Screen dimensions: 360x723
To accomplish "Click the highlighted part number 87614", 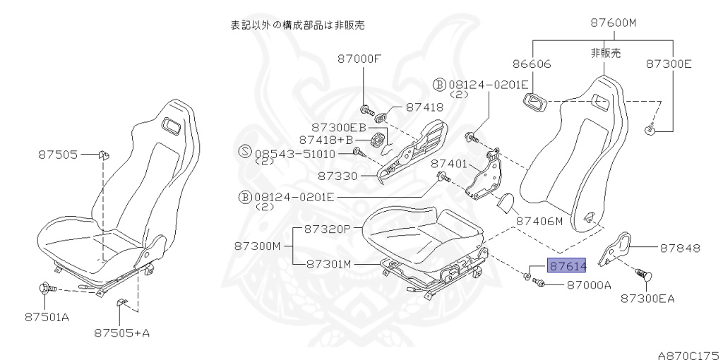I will (x=568, y=266).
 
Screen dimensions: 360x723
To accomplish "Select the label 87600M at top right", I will (x=613, y=23).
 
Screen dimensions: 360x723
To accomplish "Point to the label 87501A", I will (x=46, y=317).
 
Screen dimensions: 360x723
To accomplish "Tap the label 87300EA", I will (x=647, y=299).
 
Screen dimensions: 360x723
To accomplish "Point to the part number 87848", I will (x=680, y=248).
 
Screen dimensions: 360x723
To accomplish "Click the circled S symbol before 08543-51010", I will (x=245, y=152).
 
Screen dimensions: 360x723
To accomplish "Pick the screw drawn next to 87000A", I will (x=539, y=283).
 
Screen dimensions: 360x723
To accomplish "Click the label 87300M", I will (x=258, y=246).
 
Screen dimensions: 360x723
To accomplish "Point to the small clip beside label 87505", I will (x=103, y=153).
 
